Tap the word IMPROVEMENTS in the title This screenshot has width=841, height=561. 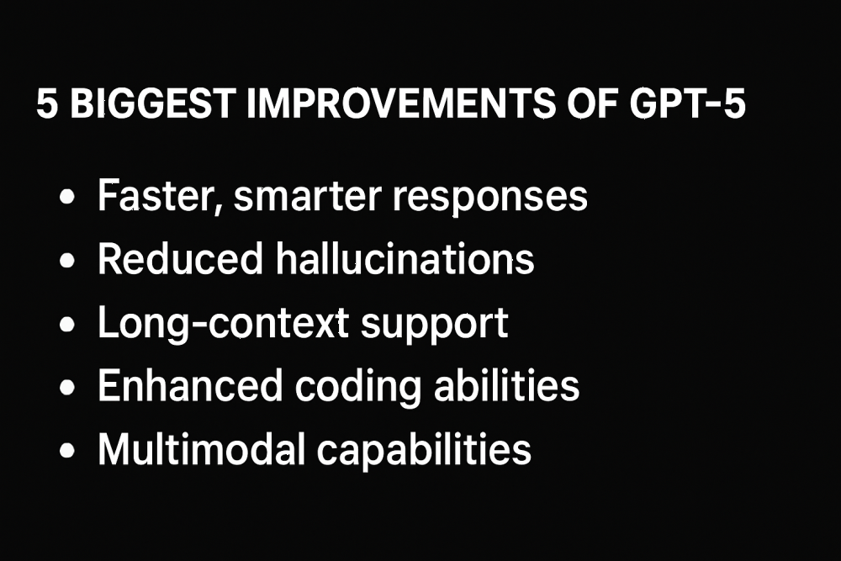click(400, 103)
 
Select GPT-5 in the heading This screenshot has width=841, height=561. click(688, 103)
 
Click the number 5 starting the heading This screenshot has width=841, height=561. click(47, 103)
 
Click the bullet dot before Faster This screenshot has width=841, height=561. click(67, 197)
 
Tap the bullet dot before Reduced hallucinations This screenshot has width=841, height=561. click(67, 261)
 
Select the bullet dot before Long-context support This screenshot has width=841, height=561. click(67, 324)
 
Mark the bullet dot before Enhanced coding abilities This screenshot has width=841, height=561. click(67, 387)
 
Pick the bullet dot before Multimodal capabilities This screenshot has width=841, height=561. click(67, 451)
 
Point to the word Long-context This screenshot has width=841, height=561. click(223, 324)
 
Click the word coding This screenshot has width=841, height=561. click(358, 387)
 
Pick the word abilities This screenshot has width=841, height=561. click(507, 385)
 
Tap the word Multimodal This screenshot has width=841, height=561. click(202, 449)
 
